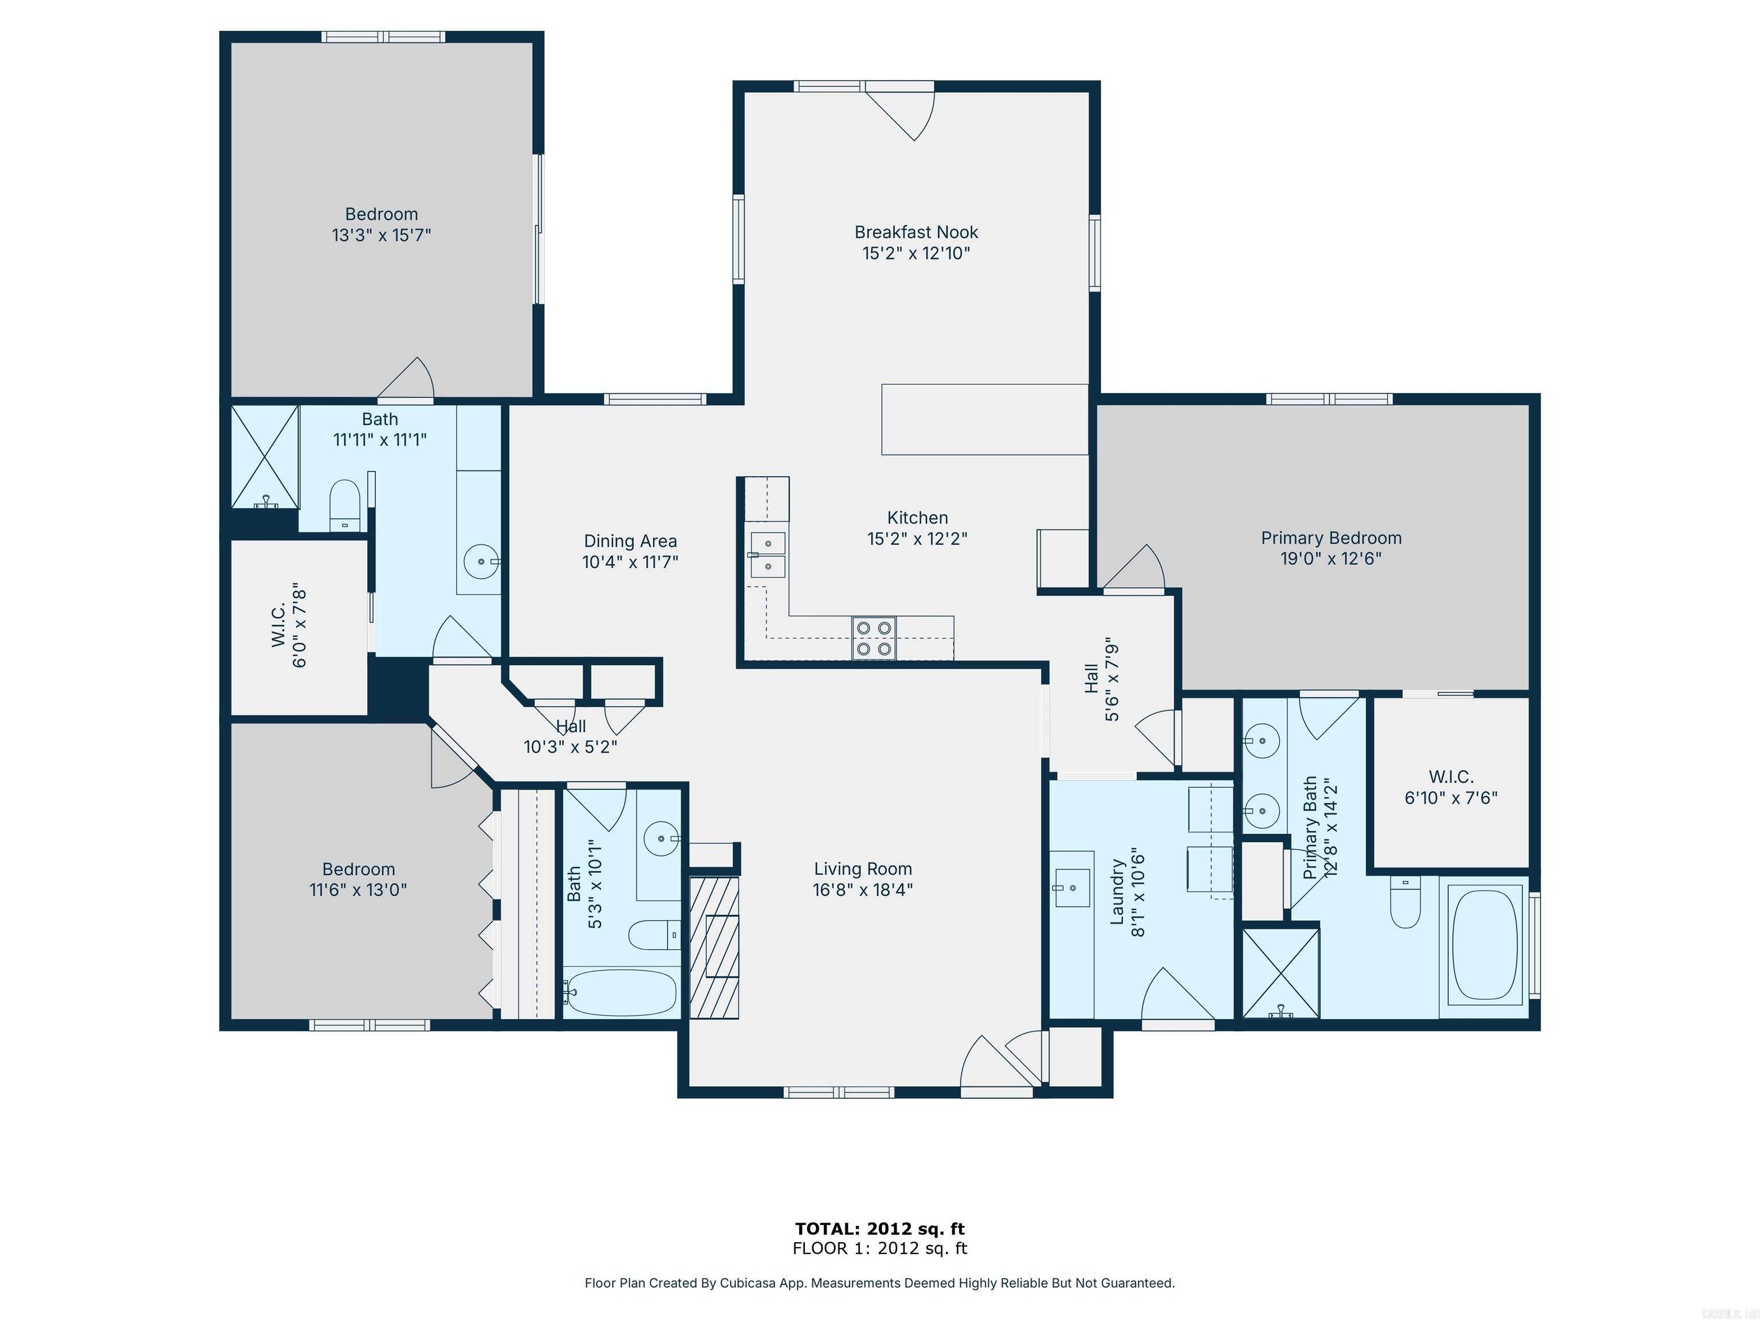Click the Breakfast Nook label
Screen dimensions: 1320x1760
click(x=916, y=233)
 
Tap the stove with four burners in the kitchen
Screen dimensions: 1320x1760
click(x=873, y=638)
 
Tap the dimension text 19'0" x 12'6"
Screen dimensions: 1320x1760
click(x=1330, y=559)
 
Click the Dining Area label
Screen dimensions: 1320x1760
click(x=630, y=541)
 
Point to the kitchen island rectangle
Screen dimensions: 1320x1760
click(x=984, y=419)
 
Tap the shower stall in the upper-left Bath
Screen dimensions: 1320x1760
click(x=264, y=456)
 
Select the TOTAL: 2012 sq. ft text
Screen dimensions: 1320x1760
click(x=879, y=1229)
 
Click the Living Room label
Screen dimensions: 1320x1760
click(x=862, y=869)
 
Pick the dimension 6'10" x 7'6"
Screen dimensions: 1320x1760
click(x=1451, y=798)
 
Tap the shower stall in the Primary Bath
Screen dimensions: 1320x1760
click(x=1280, y=972)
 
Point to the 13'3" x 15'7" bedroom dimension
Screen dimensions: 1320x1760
click(x=381, y=235)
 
